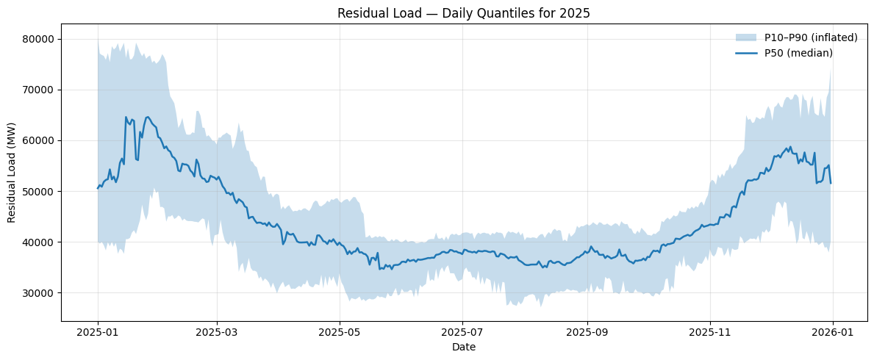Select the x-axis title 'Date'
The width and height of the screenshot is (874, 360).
click(x=464, y=347)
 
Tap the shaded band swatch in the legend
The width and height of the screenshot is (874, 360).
click(x=745, y=37)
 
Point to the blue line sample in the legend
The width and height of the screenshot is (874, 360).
click(x=745, y=52)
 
